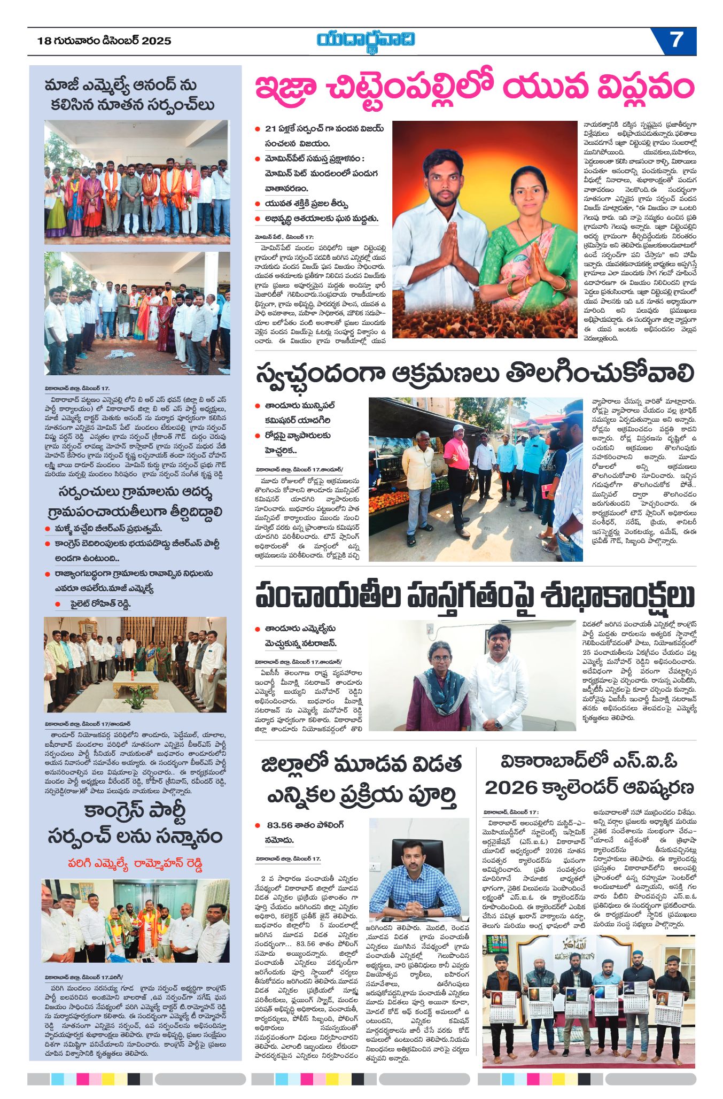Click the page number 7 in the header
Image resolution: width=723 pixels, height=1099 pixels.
coord(677,40)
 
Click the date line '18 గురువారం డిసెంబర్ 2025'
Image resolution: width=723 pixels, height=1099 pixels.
coord(104,41)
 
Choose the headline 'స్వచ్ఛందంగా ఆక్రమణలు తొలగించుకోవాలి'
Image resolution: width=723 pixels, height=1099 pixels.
coord(475,374)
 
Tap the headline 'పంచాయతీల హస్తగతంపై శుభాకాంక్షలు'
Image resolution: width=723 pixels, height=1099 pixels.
coord(475,595)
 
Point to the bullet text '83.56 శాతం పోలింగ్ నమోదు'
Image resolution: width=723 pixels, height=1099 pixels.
coord(305,832)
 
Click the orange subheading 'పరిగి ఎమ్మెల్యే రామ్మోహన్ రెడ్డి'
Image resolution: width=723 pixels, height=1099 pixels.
coord(135,863)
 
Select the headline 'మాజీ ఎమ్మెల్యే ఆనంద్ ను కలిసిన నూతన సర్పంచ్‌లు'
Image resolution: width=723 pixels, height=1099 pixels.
coord(129,95)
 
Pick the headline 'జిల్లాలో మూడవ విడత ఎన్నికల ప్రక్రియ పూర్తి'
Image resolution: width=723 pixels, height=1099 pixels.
coord(361,780)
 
